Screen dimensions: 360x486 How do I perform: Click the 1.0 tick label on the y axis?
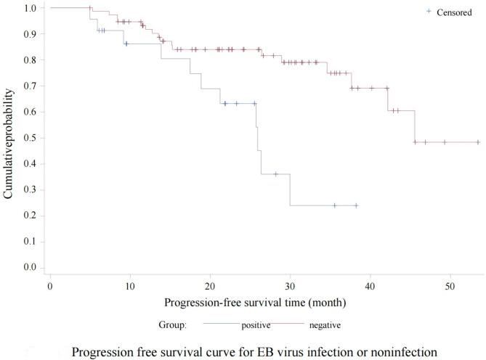pyautogui.click(x=28, y=8)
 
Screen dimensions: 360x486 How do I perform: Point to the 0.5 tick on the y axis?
pyautogui.click(x=28, y=138)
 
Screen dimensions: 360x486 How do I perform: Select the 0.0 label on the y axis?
pyautogui.click(x=28, y=268)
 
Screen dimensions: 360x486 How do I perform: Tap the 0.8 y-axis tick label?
pyautogui.click(x=28, y=60)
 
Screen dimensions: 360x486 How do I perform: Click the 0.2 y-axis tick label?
pyautogui.click(x=28, y=216)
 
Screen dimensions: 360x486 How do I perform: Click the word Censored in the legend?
pyautogui.click(x=454, y=12)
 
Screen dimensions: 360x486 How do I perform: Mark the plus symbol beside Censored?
pyautogui.click(x=429, y=12)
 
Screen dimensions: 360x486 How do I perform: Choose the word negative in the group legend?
pyautogui.click(x=325, y=324)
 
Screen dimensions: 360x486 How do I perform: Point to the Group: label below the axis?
pyautogui.click(x=173, y=324)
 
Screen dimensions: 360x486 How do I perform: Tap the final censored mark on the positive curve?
pyautogui.click(x=356, y=205)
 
